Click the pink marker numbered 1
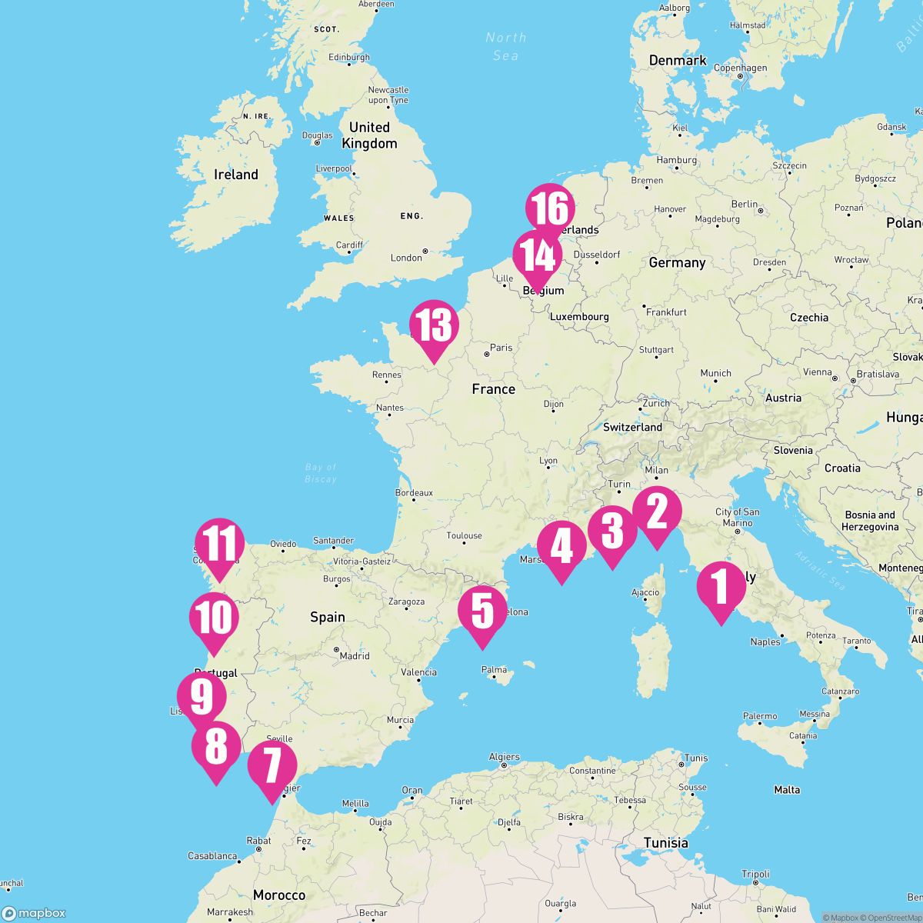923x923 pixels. coord(721,588)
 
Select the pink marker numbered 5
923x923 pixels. coord(482,612)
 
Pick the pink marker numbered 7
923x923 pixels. coord(272,766)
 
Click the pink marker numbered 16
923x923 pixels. coord(550,210)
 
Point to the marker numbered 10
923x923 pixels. coord(215,618)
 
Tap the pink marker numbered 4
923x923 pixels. coord(561,547)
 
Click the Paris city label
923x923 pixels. coord(501,348)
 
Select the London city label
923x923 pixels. coord(407,258)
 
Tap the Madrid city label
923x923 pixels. coord(355,656)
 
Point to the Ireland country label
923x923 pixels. coord(236,175)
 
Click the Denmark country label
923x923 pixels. coord(678,61)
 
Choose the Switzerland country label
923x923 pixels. coord(633,427)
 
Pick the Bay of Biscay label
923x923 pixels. coord(321,473)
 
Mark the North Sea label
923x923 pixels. coord(505,46)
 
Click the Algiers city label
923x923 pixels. coord(505,757)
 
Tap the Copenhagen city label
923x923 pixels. coord(741,68)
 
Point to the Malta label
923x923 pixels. coord(787,790)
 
